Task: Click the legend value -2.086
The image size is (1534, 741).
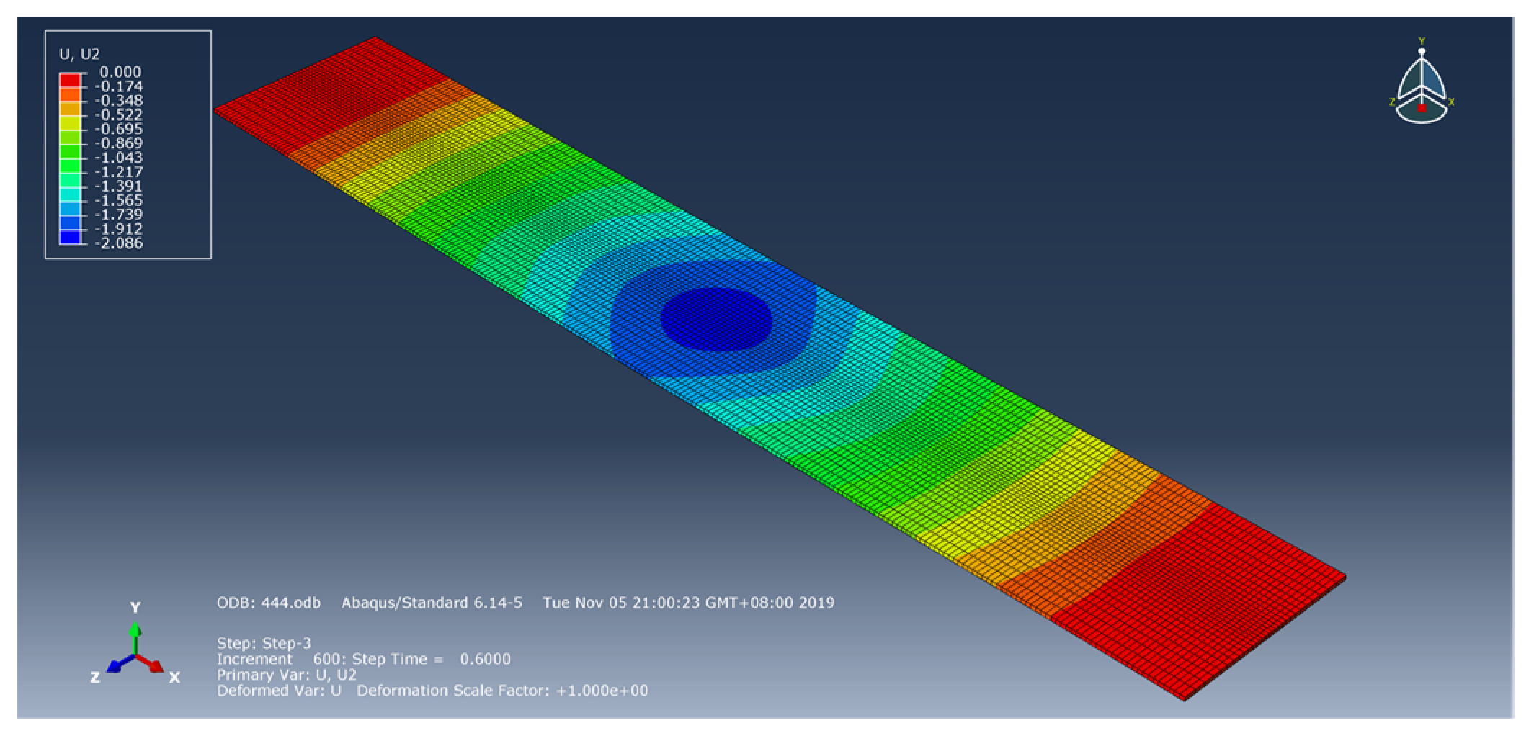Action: click(x=119, y=243)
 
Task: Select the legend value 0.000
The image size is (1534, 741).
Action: click(x=120, y=72)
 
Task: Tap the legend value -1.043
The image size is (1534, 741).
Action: click(x=119, y=158)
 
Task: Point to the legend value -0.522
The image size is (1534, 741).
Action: click(x=119, y=114)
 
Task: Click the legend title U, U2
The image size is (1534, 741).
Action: click(x=79, y=54)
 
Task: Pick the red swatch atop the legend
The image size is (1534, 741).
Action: click(x=70, y=79)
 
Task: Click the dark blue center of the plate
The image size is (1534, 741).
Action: click(x=716, y=319)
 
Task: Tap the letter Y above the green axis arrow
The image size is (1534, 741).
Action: click(x=135, y=607)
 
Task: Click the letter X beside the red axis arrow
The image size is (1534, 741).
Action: click(x=174, y=677)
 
